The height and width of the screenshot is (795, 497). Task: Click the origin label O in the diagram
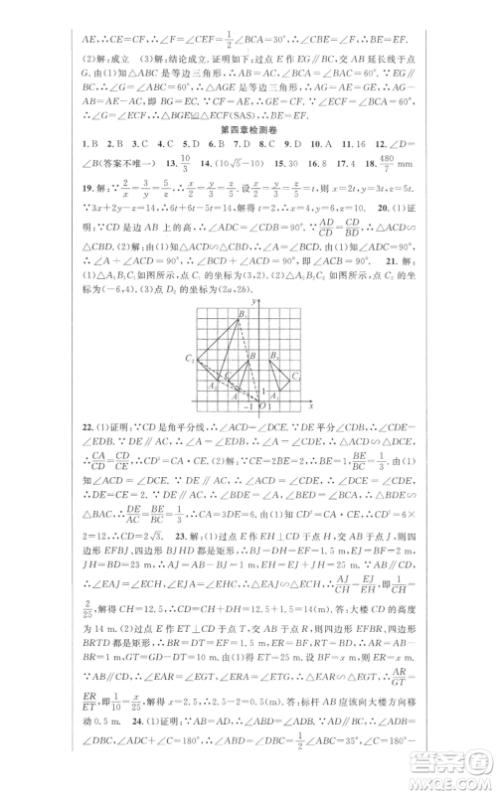(x=260, y=408)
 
